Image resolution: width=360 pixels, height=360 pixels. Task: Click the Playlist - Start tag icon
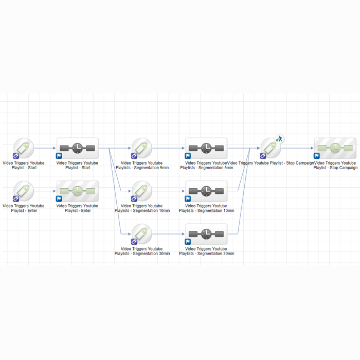pos(24,148)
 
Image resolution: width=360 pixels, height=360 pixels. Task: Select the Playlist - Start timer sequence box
pos(78,148)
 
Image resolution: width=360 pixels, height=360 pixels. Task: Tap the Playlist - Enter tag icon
pos(24,191)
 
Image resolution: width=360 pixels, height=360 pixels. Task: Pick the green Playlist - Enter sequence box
pos(78,191)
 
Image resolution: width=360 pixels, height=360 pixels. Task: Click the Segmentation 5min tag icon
pos(142,148)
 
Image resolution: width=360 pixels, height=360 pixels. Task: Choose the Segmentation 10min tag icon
pos(142,191)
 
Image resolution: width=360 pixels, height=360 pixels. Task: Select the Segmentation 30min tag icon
pos(142,234)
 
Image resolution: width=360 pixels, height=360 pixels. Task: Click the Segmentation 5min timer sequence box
pos(206,148)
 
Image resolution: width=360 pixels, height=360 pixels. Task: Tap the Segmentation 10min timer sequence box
pos(206,191)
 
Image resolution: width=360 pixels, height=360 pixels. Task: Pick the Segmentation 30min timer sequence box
pos(206,234)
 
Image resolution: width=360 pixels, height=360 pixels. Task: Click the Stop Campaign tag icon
pos(271,148)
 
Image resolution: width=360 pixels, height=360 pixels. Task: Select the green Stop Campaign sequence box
pos(335,148)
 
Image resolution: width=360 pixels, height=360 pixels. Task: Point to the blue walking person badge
pos(279,139)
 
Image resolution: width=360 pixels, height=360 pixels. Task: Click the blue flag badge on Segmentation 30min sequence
pos(188,242)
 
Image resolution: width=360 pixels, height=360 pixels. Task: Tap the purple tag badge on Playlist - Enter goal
pos(16,199)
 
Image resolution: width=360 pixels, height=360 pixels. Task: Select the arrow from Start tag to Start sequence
pos(45,148)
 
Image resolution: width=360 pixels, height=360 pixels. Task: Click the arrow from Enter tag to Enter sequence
pos(45,191)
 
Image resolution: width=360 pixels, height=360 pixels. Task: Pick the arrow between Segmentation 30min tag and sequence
pos(169,234)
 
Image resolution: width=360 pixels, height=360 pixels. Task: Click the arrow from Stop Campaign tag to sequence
pos(298,148)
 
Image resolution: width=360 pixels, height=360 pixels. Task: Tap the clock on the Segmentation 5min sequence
pos(206,148)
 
